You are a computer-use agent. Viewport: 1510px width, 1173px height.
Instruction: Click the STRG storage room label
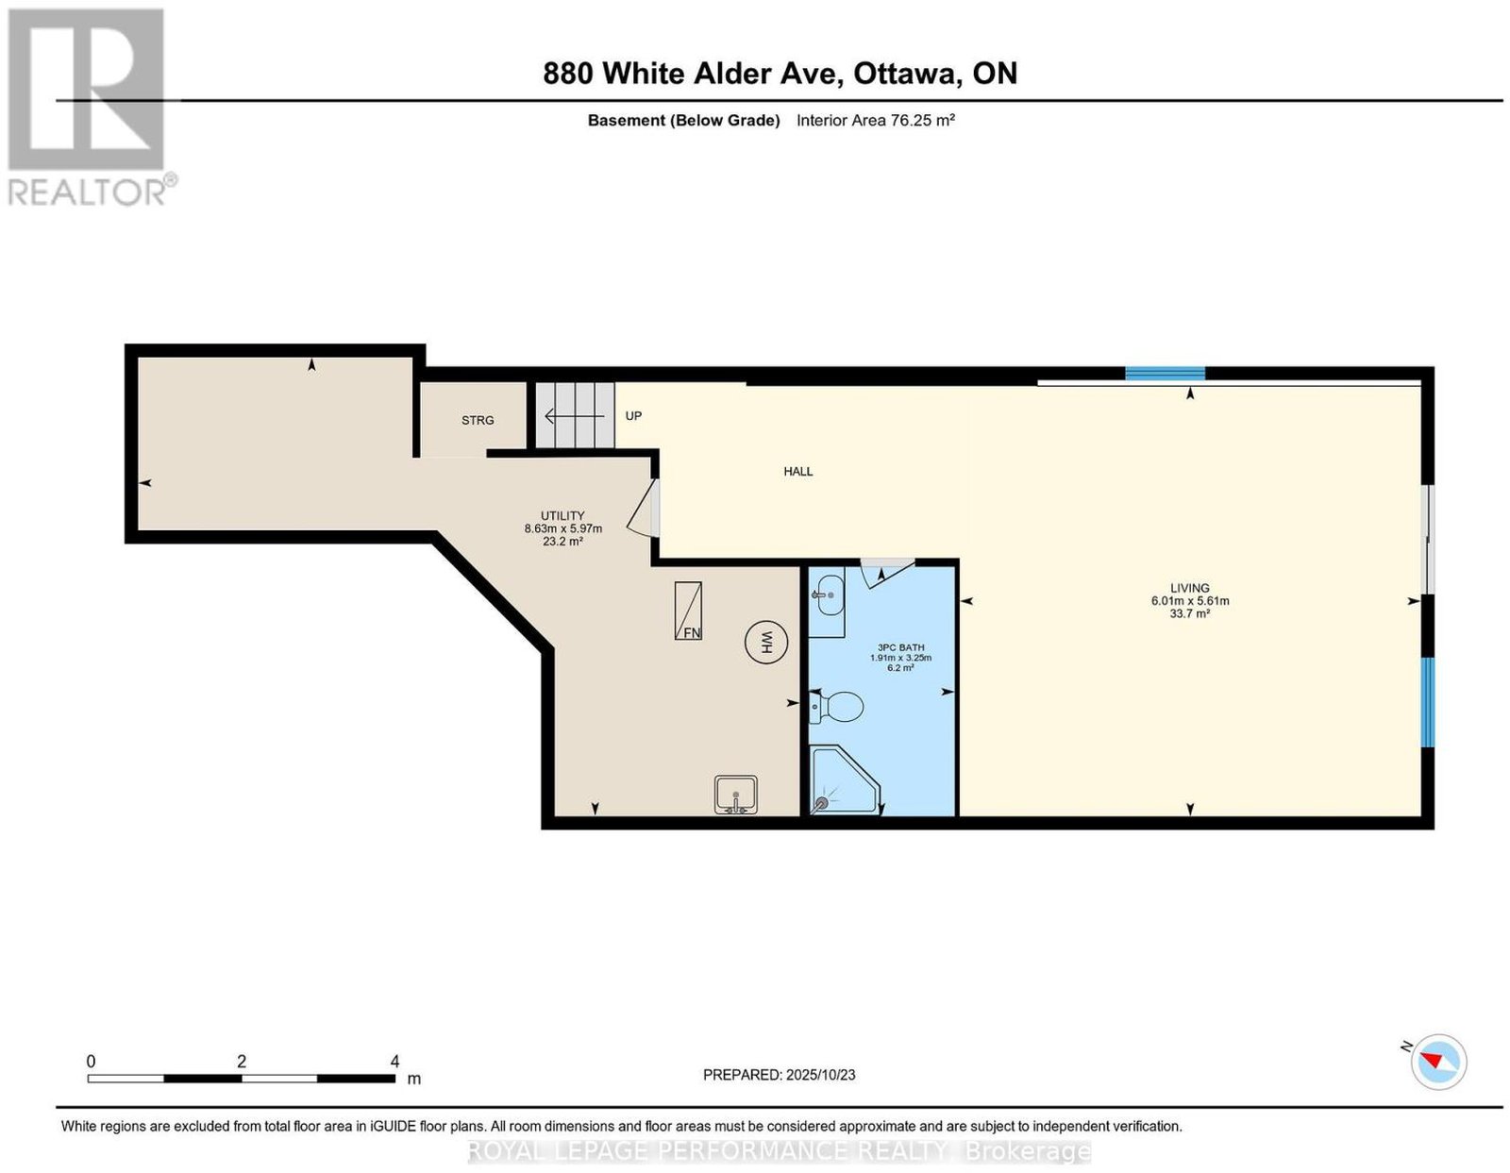478,420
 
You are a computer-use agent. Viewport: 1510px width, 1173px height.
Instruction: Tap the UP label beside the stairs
633,415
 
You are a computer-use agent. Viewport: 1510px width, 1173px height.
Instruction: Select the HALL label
797,471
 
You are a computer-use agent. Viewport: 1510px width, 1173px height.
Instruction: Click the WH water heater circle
766,643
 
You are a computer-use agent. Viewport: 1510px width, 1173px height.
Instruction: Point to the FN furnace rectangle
688,611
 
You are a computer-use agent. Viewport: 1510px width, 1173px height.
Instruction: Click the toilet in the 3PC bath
836,706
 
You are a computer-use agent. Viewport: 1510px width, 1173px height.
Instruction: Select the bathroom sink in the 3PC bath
827,601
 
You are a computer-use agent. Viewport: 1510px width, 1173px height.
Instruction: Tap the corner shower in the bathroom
845,781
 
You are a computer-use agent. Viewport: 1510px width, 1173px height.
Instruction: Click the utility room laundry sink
736,795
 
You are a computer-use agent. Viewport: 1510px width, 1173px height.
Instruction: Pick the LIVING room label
1190,588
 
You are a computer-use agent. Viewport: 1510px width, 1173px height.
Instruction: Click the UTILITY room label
562,515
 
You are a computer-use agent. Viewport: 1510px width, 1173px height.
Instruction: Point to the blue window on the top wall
1165,373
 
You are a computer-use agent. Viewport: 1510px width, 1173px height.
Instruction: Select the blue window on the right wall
1427,702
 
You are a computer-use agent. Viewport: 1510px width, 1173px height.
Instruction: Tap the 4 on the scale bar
394,1062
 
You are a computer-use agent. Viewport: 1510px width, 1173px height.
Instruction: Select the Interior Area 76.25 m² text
876,120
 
